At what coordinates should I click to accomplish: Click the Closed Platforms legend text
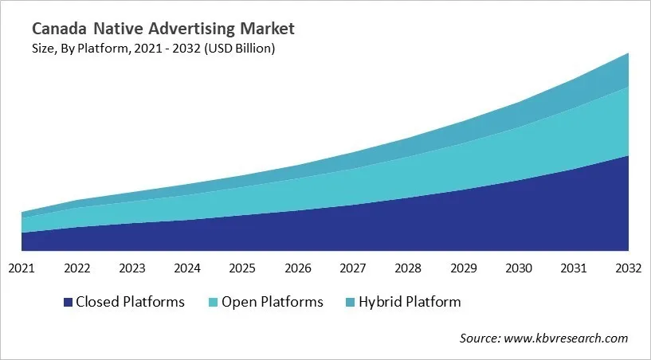click(130, 302)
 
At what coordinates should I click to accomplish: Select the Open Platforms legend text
click(273, 302)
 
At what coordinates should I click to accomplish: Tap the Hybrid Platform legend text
click(410, 302)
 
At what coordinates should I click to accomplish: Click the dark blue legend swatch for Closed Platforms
click(68, 302)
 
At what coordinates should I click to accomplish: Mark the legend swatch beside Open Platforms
click(214, 302)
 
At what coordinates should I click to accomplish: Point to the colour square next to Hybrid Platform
click(351, 302)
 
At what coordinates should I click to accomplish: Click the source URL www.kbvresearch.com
click(567, 338)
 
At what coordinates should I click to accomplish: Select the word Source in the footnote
click(479, 338)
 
